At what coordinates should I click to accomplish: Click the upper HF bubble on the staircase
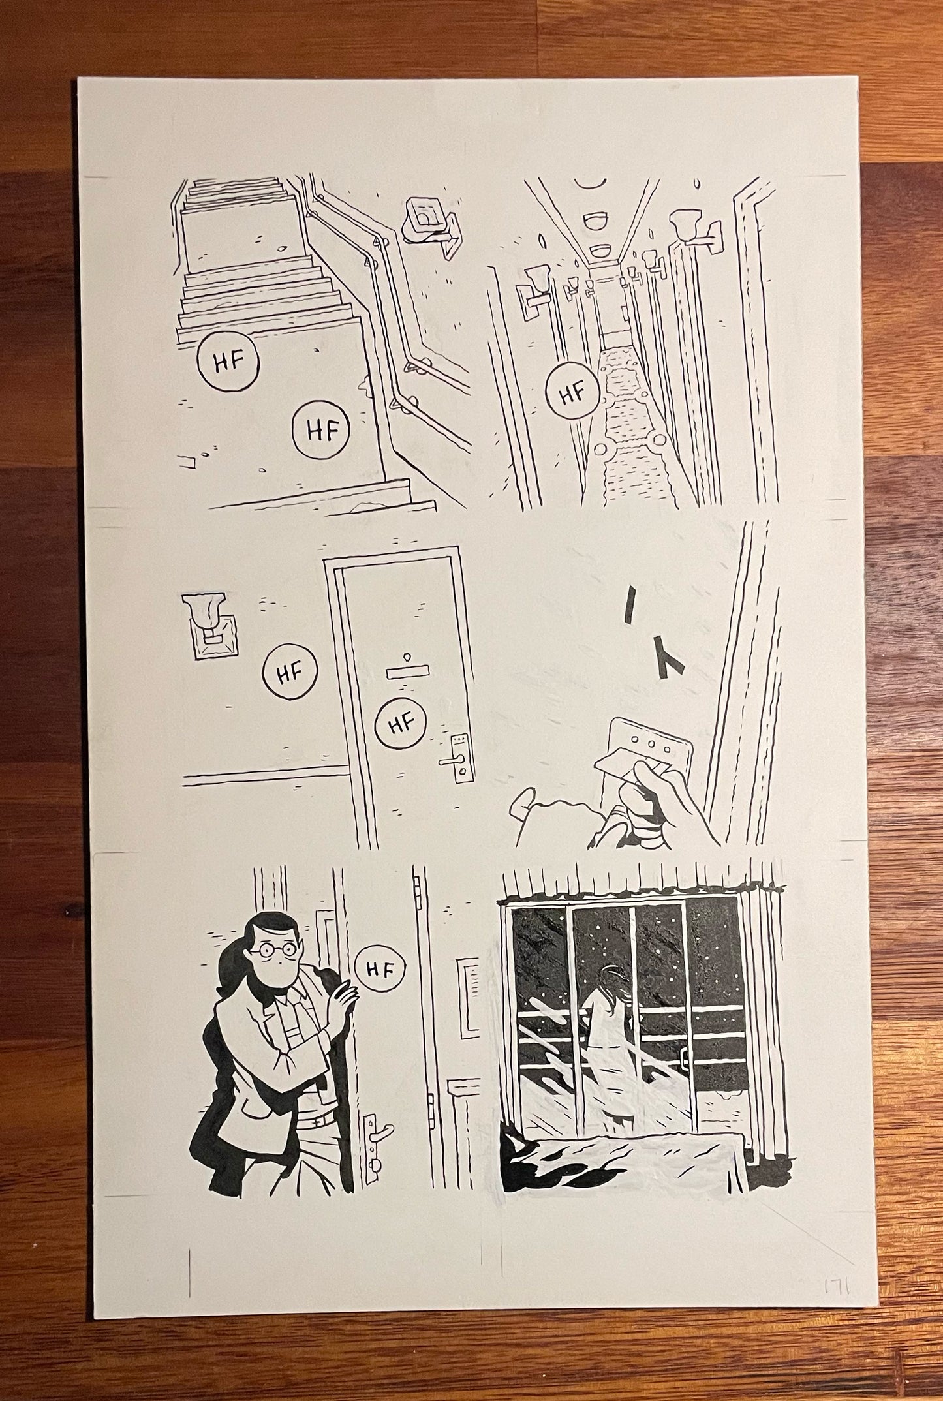click(226, 363)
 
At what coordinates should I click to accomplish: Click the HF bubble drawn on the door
click(401, 722)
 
